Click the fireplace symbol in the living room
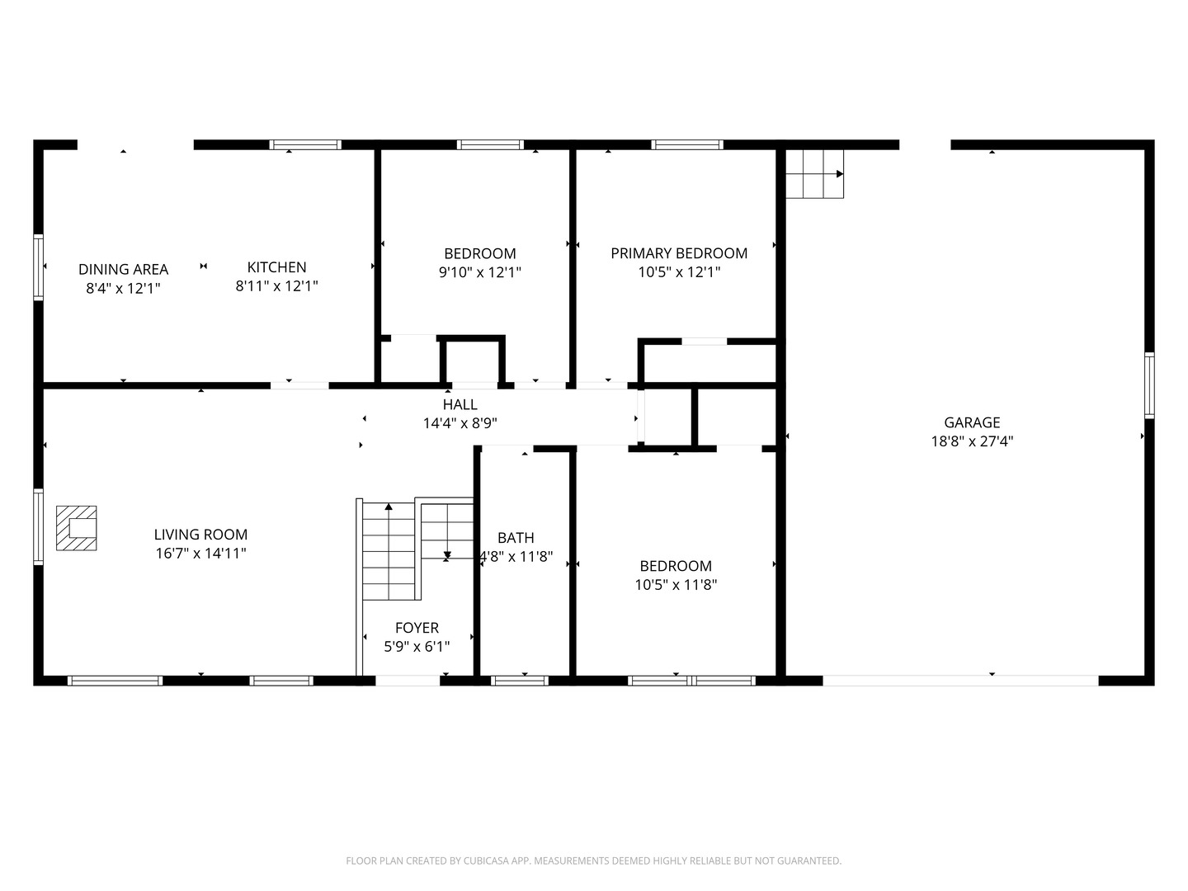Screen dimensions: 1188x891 (x=77, y=528)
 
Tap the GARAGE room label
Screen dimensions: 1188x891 (x=972, y=422)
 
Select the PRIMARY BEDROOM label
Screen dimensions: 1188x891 (x=679, y=253)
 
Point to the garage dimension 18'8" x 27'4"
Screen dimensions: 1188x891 (x=972, y=441)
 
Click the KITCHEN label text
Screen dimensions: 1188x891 (x=276, y=267)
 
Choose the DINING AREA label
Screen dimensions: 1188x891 (x=124, y=270)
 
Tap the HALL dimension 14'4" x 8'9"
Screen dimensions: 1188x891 (x=460, y=423)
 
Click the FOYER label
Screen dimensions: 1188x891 (x=417, y=628)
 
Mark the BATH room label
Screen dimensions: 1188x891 (x=516, y=538)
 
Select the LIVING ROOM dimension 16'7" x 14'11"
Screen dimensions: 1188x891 (x=200, y=554)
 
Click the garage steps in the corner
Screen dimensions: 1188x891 (x=814, y=173)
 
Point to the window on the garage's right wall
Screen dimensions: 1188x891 (x=1149, y=385)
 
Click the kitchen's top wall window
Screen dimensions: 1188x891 (x=305, y=144)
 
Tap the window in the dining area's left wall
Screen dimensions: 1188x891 (x=39, y=267)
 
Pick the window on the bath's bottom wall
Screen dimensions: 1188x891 (x=520, y=681)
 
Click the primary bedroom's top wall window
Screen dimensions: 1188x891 (x=687, y=144)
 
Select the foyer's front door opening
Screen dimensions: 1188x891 (x=408, y=681)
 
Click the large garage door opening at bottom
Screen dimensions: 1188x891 (x=960, y=681)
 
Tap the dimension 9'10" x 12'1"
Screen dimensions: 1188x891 (x=480, y=272)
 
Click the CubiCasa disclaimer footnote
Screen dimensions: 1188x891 (x=594, y=860)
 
